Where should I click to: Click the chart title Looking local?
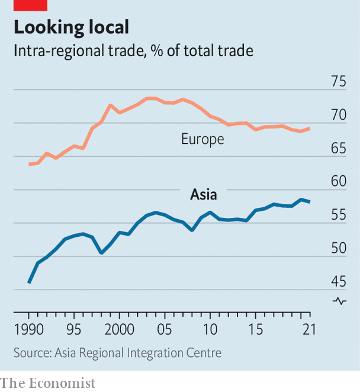tap(71, 28)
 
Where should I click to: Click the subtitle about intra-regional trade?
tap(133, 51)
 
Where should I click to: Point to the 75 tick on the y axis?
tap(339, 82)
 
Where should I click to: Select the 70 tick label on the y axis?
tap(339, 115)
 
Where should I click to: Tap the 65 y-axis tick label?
tap(339, 149)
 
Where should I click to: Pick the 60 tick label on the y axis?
tap(339, 182)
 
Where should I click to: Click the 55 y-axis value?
tap(339, 216)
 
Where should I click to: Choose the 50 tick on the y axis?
tap(339, 249)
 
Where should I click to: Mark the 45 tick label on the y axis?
tap(339, 282)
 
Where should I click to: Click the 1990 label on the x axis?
tap(28, 329)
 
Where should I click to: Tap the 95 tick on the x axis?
tap(74, 329)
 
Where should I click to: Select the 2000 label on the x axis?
tap(119, 329)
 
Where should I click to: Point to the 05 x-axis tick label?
tap(165, 329)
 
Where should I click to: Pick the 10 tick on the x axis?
tap(210, 329)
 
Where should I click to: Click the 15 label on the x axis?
tap(255, 329)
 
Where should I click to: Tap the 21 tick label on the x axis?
tap(306, 329)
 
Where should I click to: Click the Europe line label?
tap(202, 140)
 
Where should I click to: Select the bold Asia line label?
tap(203, 194)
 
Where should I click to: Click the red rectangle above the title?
tap(30, 5)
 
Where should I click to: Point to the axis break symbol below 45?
tap(339, 301)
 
